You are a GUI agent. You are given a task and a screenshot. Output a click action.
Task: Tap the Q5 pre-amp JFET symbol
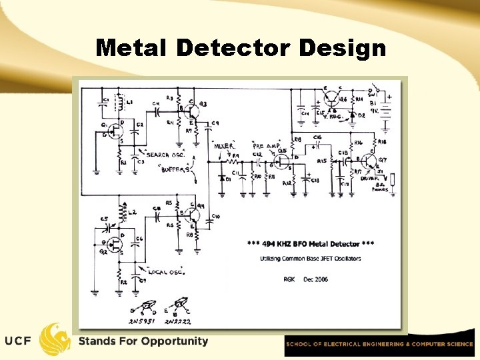click(x=282, y=161)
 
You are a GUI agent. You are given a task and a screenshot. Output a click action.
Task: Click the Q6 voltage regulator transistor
click(x=331, y=97)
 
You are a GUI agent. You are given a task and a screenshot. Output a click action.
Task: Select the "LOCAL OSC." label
click(x=163, y=272)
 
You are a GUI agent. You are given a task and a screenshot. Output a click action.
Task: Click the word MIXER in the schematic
click(x=223, y=145)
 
